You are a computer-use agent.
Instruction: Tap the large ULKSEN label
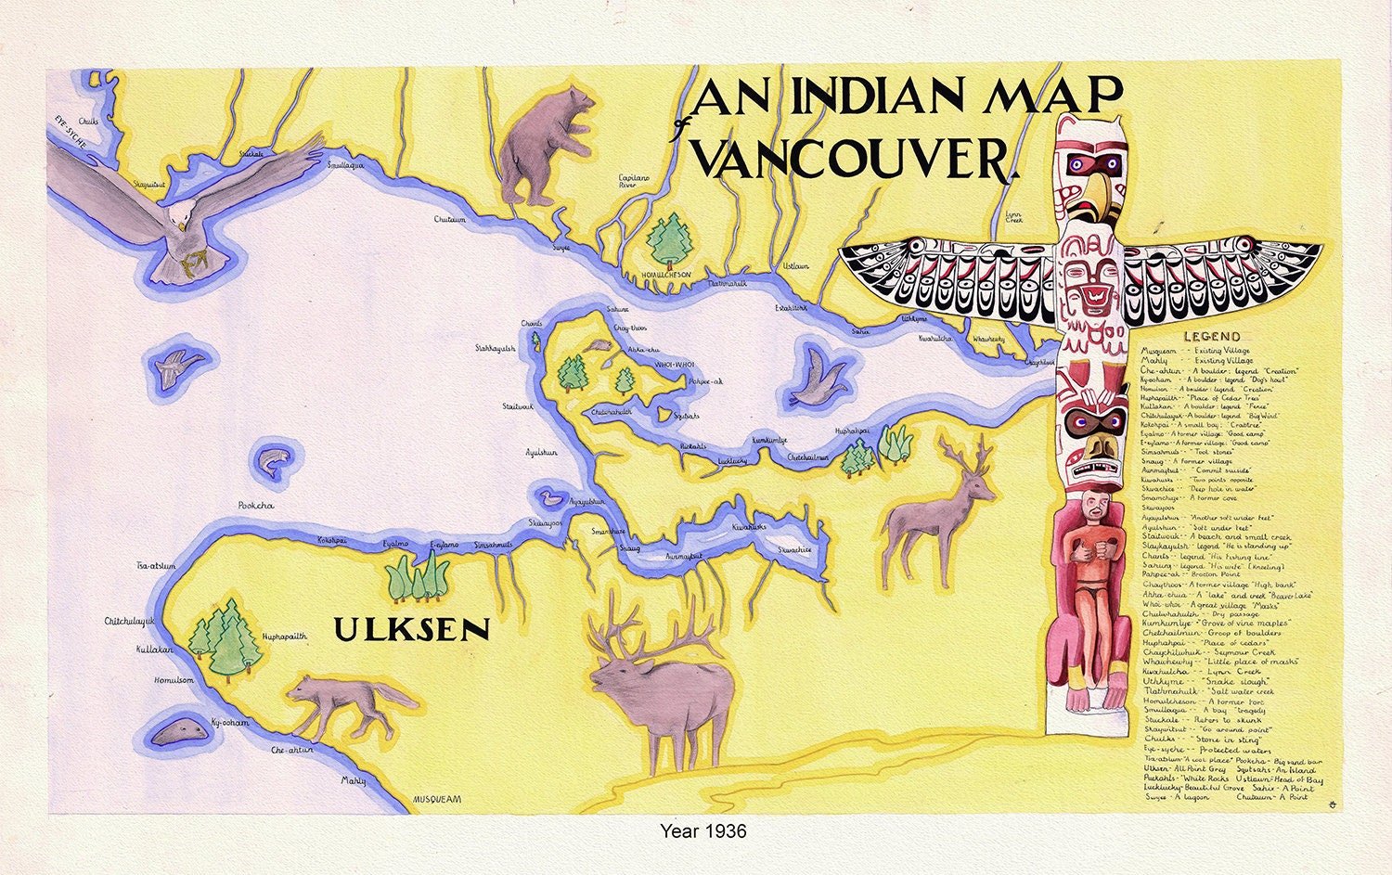pyautogui.click(x=411, y=630)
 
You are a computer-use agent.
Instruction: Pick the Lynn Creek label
pyautogui.click(x=1014, y=218)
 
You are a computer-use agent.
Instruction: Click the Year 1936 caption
pyautogui.click(x=702, y=831)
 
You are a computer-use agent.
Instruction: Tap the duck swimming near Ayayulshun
pyautogui.click(x=552, y=499)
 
